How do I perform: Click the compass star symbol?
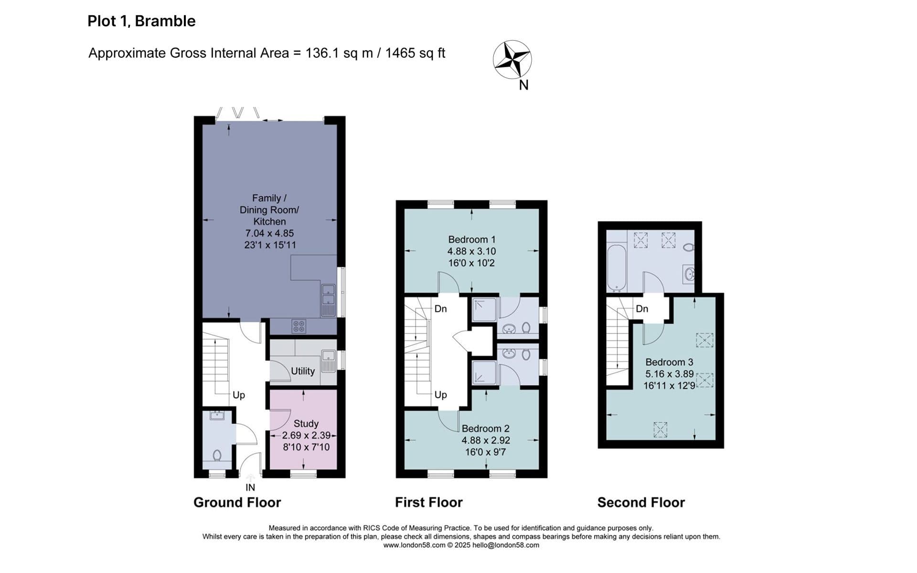512,59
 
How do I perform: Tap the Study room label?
306,424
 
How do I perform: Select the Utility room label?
303,371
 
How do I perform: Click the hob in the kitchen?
299,327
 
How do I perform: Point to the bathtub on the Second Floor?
617,267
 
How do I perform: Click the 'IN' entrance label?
250,488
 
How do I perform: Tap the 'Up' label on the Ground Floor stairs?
239,395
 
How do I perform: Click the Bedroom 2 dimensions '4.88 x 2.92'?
486,440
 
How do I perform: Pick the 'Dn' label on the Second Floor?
642,309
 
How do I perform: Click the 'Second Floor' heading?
641,502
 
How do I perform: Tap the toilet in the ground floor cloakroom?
217,455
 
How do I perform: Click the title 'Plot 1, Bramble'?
141,21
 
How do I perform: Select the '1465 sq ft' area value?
415,53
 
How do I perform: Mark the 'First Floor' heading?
428,502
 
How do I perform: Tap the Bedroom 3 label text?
669,362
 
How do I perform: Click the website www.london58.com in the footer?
414,545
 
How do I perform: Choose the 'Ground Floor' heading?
237,502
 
